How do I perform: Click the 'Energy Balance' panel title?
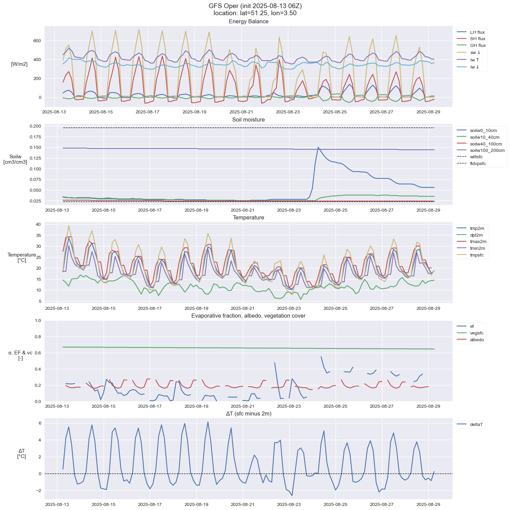(x=248, y=22)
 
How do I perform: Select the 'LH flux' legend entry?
(x=477, y=32)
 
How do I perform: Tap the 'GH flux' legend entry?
(x=478, y=46)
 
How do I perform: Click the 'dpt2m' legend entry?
(x=476, y=235)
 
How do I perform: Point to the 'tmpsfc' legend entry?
(x=477, y=255)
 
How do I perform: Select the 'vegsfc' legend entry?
(x=477, y=333)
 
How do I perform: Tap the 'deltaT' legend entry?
(x=477, y=425)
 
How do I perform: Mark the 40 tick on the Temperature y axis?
(x=38, y=224)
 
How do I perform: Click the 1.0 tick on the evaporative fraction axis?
(x=38, y=321)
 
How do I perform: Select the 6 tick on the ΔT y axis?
(x=40, y=423)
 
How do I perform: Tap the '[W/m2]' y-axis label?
(x=19, y=64)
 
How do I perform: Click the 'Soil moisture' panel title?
(x=248, y=120)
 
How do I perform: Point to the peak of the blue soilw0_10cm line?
(x=318, y=147)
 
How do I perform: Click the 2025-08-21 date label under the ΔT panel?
(x=243, y=504)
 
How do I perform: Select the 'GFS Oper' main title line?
(x=255, y=6)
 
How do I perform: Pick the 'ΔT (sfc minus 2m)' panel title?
(x=248, y=413)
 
